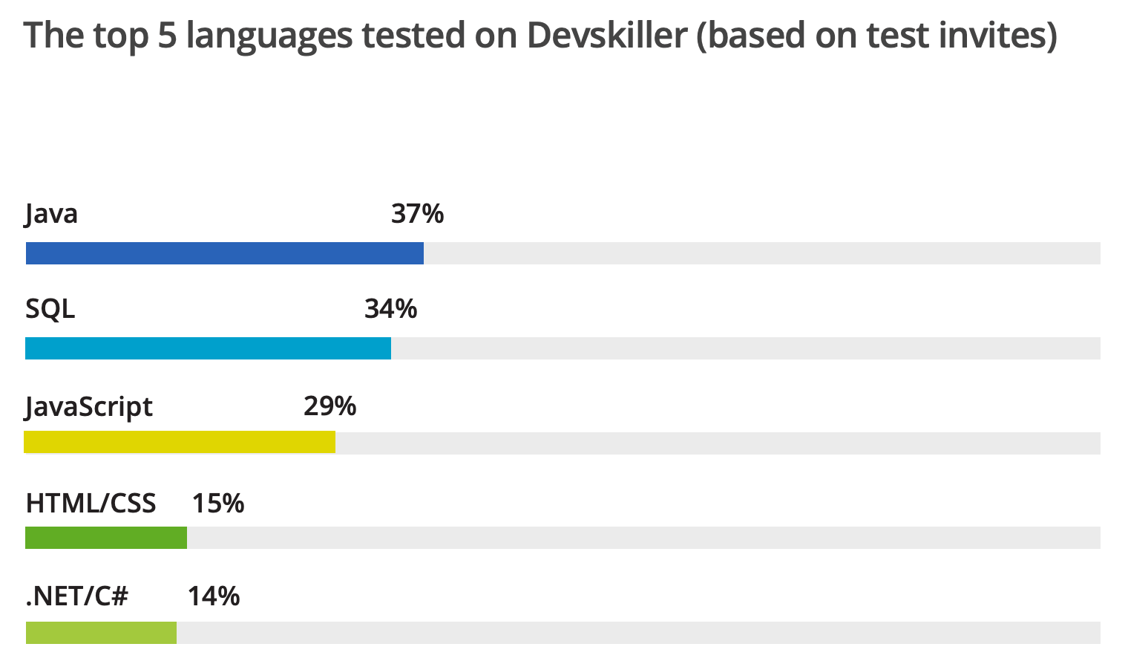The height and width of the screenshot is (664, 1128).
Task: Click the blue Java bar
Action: point(224,253)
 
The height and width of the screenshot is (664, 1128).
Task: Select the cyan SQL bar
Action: point(208,348)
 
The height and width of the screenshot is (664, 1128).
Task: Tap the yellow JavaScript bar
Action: point(180,442)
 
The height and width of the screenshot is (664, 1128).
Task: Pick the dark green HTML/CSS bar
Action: point(106,538)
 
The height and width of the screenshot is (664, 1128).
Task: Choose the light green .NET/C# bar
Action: point(101,633)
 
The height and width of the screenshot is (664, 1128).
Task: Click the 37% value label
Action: point(417,214)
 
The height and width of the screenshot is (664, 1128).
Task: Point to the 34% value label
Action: point(390,309)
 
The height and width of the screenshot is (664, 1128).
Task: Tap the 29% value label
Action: point(329,406)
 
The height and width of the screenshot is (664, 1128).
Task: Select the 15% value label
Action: point(218,504)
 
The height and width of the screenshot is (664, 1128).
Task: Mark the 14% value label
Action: point(214,596)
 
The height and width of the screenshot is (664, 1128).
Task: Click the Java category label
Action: point(51,215)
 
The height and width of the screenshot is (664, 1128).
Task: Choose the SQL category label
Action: point(50,309)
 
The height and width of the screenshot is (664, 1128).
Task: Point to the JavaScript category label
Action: point(89,408)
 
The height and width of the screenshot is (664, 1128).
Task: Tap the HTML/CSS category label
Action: point(91,504)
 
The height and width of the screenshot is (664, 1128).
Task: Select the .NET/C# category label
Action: point(77,596)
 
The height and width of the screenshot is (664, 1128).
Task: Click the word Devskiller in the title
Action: point(607,36)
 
